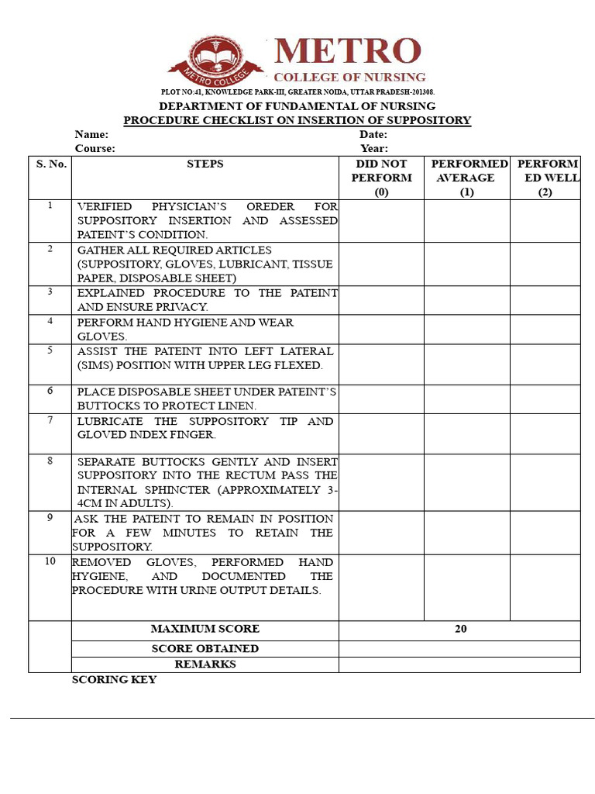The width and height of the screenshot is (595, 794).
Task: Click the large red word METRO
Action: point(348,52)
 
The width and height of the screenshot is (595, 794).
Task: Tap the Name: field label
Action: point(91,134)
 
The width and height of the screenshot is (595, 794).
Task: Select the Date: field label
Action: point(373,134)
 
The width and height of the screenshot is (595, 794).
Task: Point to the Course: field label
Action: point(95,148)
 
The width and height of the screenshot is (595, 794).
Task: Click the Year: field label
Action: point(374,148)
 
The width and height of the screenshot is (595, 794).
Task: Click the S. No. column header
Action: point(51,164)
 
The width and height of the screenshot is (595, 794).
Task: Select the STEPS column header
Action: point(205,164)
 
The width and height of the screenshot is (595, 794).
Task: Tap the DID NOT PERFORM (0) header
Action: point(381,178)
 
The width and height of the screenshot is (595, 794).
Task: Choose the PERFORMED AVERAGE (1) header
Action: point(466,178)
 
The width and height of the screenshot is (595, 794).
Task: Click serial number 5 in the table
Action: point(50,350)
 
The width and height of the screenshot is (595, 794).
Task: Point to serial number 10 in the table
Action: point(50,561)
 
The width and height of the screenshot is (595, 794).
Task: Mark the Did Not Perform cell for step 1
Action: point(381,221)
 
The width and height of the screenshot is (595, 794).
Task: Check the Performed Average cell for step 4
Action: point(466,330)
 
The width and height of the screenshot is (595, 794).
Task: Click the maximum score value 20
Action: point(461,629)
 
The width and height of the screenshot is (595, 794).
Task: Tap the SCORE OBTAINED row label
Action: point(205,648)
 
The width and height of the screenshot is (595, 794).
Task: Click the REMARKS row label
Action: point(205,664)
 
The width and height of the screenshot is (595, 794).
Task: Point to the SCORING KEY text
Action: point(114,679)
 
